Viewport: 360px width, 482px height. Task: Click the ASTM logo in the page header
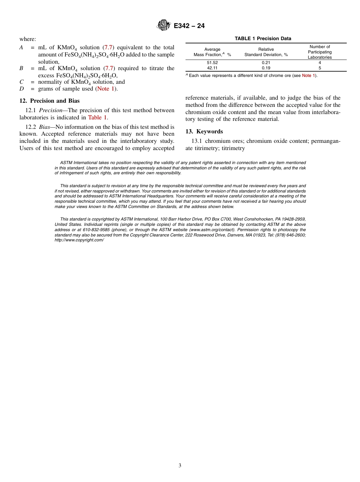coord(164,26)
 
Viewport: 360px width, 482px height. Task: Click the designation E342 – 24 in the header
coord(189,26)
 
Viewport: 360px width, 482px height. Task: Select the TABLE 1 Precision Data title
coord(263,39)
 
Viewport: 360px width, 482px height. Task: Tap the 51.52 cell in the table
coord(212,63)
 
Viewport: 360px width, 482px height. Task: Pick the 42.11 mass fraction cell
coord(212,68)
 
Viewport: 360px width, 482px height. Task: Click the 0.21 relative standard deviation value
coord(266,63)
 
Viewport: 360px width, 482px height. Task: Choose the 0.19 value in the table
coord(266,68)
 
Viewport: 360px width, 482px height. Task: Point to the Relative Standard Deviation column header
coord(266,52)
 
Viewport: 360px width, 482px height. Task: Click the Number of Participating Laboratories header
coord(319,52)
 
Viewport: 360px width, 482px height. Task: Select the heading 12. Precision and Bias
coord(49,101)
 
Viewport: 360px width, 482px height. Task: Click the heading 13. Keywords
coord(204,131)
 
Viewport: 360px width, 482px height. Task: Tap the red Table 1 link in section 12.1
coord(97,117)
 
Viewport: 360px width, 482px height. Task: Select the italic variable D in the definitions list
coord(22,89)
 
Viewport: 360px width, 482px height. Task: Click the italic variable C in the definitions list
coord(22,82)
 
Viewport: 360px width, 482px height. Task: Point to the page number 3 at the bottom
coord(180,466)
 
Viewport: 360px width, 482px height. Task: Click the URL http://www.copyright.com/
coord(79,240)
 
